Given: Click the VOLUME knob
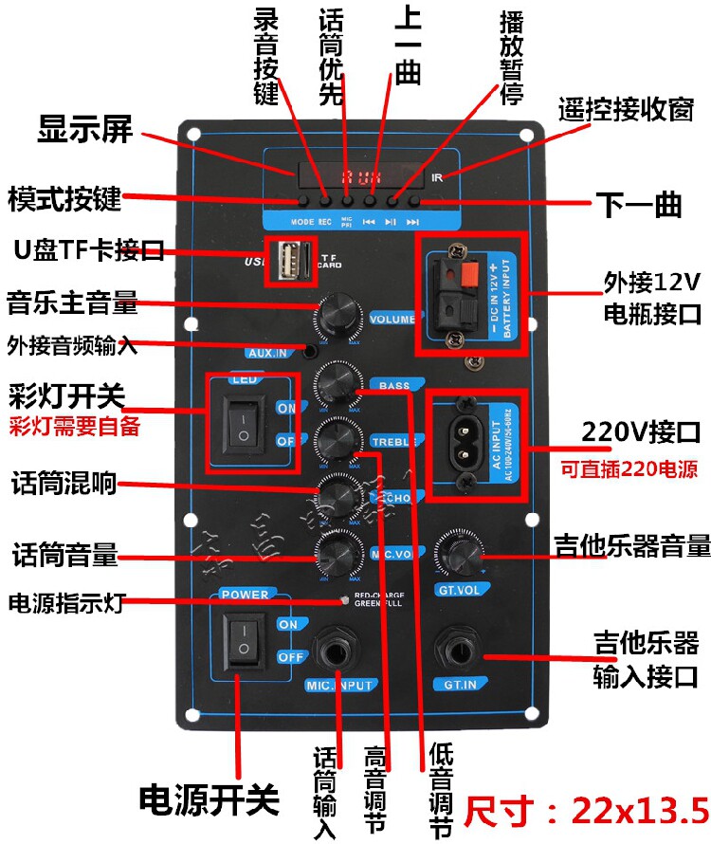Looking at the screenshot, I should click(x=337, y=315).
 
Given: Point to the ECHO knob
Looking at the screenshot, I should click(x=336, y=494).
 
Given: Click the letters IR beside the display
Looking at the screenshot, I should click(x=437, y=177).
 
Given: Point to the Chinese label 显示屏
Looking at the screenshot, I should click(x=85, y=130).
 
